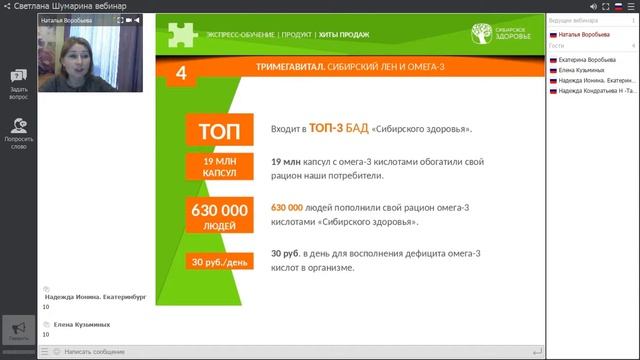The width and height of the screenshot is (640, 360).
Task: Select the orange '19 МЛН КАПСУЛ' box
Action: [218, 167]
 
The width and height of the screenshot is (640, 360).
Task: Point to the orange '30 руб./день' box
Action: [219, 263]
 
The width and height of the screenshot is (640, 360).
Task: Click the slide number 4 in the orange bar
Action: [181, 72]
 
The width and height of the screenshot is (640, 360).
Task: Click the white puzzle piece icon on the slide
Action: [182, 34]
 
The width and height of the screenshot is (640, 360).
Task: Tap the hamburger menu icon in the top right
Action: [630, 6]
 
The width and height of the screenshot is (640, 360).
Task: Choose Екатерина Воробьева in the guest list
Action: [586, 60]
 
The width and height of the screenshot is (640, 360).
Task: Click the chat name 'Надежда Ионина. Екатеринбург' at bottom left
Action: [96, 296]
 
